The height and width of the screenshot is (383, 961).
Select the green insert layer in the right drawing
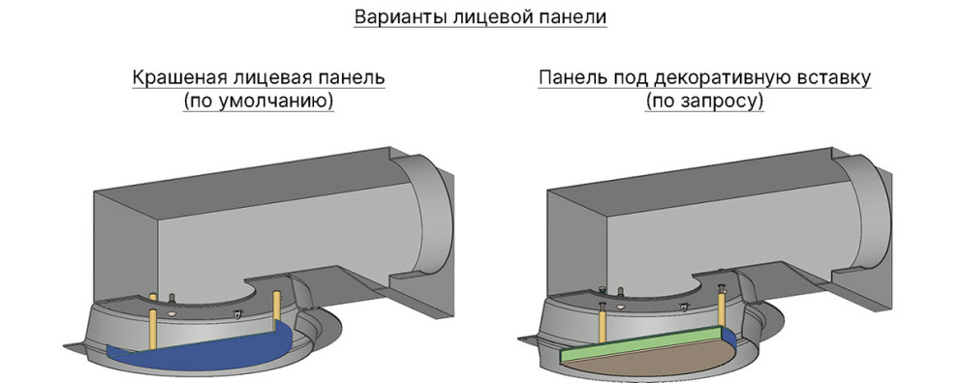click(x=639, y=344)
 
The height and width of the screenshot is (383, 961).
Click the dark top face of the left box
click(x=251, y=181)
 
